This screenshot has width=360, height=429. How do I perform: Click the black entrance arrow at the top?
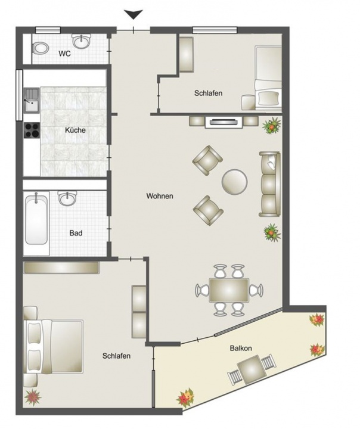(134, 14)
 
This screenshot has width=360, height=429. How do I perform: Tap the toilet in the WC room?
(41, 48)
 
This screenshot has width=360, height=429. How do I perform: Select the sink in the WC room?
(81, 41)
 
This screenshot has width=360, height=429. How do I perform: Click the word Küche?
(75, 130)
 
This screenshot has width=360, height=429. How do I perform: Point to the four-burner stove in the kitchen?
(32, 130)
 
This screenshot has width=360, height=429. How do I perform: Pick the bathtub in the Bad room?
(36, 219)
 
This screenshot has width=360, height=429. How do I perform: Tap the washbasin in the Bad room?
(67, 198)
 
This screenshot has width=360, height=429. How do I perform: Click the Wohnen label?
(160, 196)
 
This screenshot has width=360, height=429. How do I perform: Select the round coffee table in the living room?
(235, 182)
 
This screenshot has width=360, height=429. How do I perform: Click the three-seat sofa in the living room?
(270, 184)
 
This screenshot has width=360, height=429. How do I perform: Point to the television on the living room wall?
(224, 122)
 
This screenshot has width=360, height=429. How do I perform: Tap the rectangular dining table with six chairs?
(229, 290)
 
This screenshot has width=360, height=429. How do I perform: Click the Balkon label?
(241, 349)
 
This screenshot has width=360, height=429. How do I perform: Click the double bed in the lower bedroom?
(54, 346)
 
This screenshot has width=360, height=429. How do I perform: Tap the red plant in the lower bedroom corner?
(32, 397)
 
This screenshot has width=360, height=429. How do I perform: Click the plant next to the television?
(272, 126)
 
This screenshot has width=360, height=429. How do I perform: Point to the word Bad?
(76, 233)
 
